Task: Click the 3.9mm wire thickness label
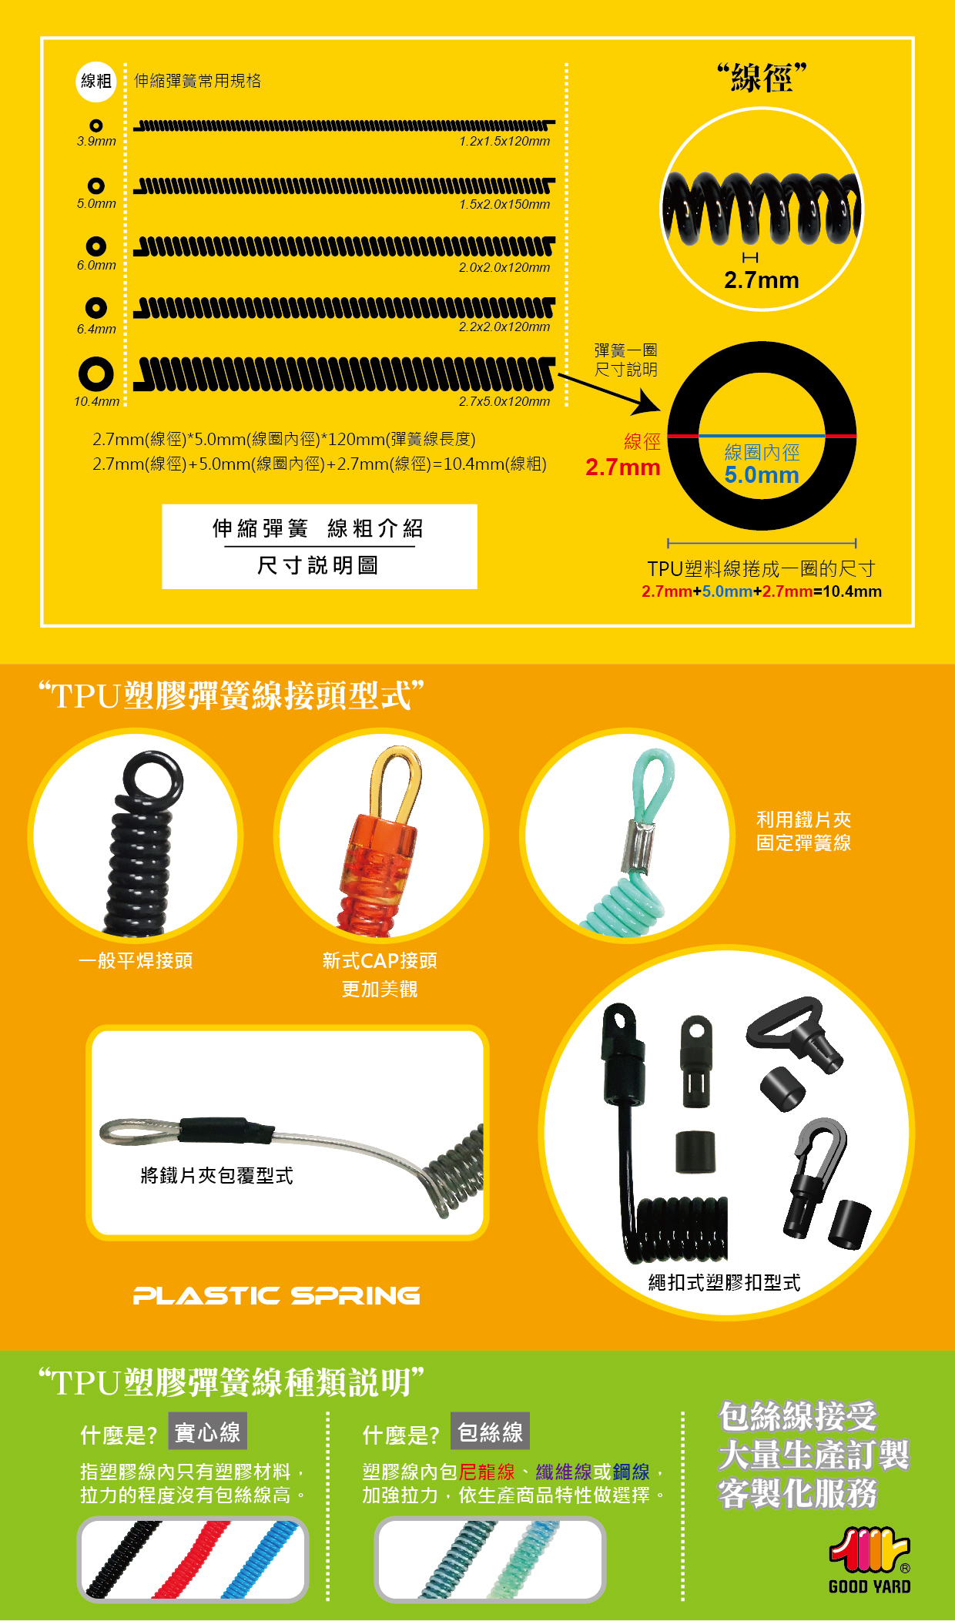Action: tap(96, 142)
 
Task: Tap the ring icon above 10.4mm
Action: tap(95, 374)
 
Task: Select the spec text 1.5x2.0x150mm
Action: tap(504, 205)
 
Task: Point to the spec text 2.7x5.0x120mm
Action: tap(504, 402)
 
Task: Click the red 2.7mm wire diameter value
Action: tap(622, 467)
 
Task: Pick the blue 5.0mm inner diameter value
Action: tap(762, 475)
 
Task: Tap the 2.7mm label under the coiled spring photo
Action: tap(762, 280)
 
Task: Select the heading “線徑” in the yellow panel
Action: tap(761, 78)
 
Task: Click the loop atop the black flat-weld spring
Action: tap(152, 776)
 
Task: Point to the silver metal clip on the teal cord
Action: tap(638, 846)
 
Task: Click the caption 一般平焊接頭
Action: tap(136, 961)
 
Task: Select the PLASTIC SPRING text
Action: tap(276, 1296)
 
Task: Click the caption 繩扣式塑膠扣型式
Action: tap(724, 1283)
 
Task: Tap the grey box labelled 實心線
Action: tap(207, 1432)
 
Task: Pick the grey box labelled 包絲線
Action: tap(490, 1432)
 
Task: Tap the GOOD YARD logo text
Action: tap(870, 1587)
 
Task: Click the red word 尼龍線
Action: tap(487, 1472)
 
